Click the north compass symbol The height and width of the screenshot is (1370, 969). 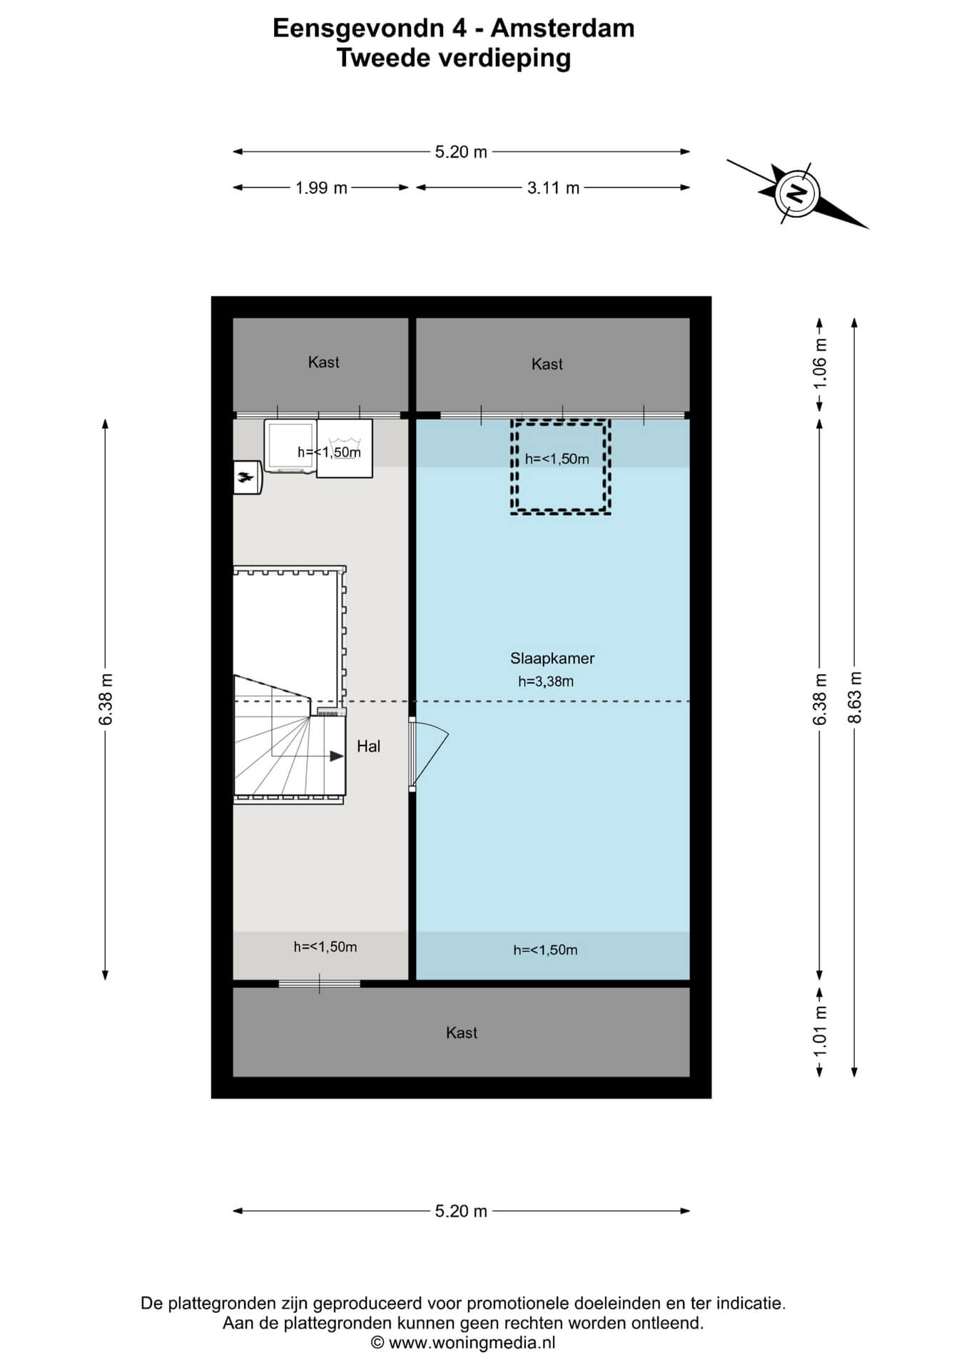coord(797,193)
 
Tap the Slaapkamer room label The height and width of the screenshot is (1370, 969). coord(552,659)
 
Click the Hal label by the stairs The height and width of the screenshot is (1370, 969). coord(368,746)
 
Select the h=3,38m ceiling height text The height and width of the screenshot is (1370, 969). coord(546,681)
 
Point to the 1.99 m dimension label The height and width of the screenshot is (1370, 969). coord(321,188)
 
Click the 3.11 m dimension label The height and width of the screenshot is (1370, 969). coord(553,188)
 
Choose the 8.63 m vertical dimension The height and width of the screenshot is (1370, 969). coord(855,697)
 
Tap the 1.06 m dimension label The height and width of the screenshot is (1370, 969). coord(820,362)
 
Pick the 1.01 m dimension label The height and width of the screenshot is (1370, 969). coord(820,1032)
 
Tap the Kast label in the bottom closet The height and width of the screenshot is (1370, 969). coord(461,1032)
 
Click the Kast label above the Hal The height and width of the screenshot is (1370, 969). coord(323,362)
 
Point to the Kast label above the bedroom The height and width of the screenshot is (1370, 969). coord(547,365)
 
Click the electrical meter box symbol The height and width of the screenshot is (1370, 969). coord(248,477)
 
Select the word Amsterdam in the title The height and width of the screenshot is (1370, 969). coord(562,29)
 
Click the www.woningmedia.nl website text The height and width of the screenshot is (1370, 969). coord(472,1343)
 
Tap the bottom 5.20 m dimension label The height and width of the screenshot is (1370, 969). coord(461,1211)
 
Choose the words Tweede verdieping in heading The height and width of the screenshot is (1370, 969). coord(454,58)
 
